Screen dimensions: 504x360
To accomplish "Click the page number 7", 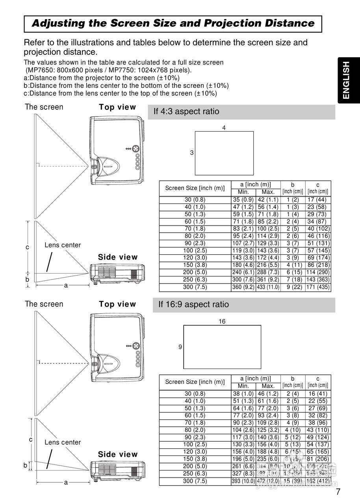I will [x=338, y=492].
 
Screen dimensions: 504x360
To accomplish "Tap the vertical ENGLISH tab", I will [x=345, y=80].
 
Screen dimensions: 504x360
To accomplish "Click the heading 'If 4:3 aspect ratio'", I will [x=186, y=111].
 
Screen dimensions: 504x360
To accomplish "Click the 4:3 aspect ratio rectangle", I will [x=224, y=153].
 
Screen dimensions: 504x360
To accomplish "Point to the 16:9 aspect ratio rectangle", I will [x=222, y=347].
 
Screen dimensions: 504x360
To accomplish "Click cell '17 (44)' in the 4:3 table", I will [x=318, y=200].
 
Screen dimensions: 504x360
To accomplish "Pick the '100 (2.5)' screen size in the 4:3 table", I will [x=195, y=250].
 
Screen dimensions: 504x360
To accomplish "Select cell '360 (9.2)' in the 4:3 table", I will [x=243, y=287].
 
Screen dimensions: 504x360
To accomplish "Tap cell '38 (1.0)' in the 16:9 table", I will [x=243, y=394].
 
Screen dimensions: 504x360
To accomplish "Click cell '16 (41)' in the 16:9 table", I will [x=318, y=394].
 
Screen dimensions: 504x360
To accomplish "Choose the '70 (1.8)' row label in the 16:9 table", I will [x=195, y=423].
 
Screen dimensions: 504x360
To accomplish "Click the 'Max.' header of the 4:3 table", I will [x=268, y=192].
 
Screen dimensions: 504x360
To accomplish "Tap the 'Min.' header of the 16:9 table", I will [x=243, y=386].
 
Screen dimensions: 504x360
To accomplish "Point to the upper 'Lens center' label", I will [x=63, y=245].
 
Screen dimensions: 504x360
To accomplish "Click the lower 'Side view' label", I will [x=118, y=454].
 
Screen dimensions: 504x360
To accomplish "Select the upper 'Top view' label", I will [x=117, y=107].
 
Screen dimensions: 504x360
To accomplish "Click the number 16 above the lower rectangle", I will [x=222, y=322].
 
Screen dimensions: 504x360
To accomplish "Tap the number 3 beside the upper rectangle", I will [x=192, y=153].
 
